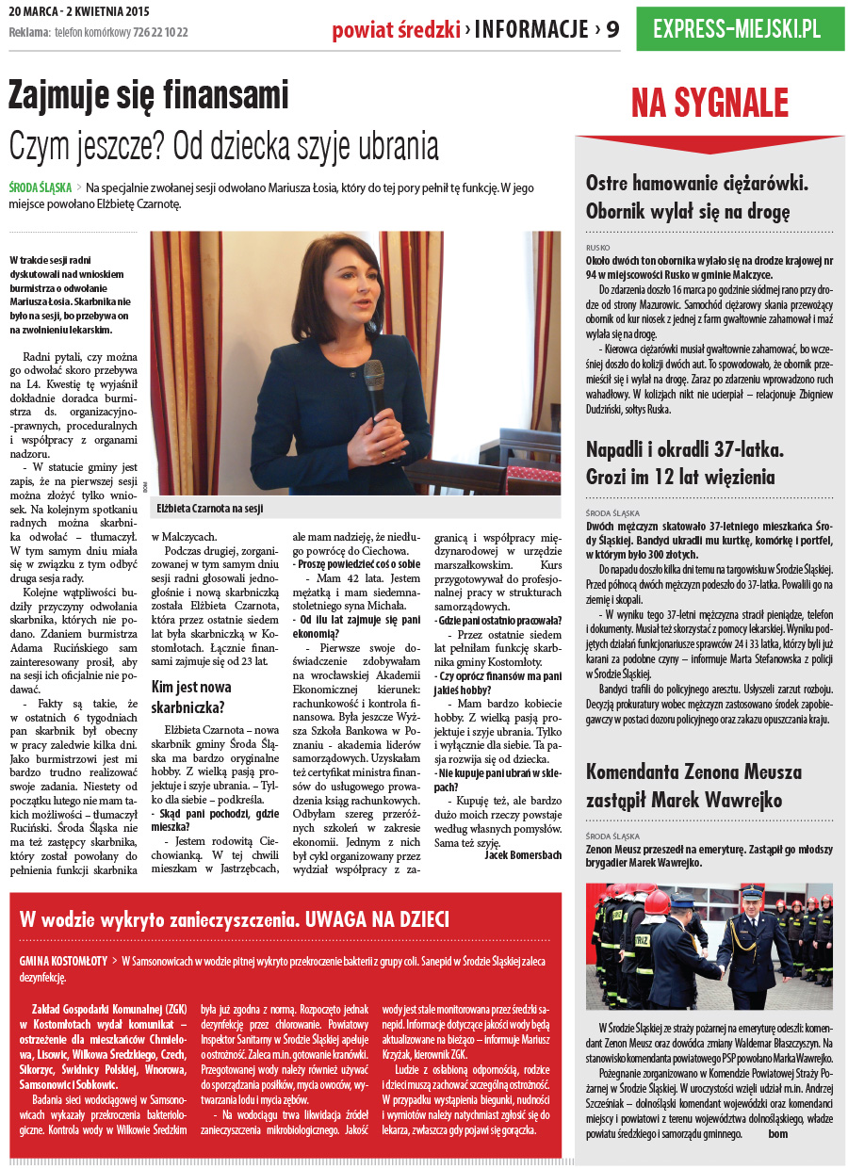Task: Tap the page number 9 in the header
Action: pyautogui.click(x=612, y=30)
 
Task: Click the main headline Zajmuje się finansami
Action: pyautogui.click(x=148, y=95)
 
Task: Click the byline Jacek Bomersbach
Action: pyautogui.click(x=523, y=854)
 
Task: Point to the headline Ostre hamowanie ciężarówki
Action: pyautogui.click(x=697, y=184)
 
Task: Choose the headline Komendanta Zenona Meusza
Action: pyautogui.click(x=693, y=772)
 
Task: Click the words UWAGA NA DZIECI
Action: pyautogui.click(x=376, y=919)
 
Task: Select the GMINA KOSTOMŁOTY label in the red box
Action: pyautogui.click(x=63, y=961)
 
